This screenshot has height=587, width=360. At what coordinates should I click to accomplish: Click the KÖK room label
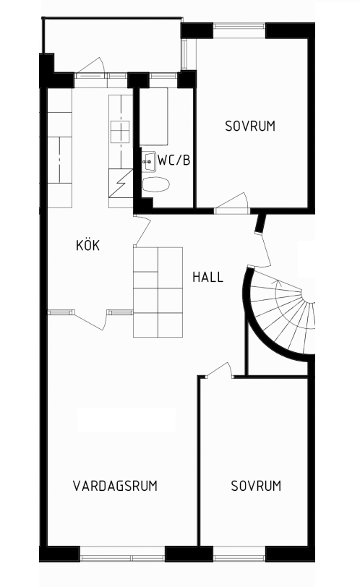pos(88,246)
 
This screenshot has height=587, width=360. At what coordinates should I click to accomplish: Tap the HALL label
pos(207,277)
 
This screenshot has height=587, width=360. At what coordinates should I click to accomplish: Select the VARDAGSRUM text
pos(115,486)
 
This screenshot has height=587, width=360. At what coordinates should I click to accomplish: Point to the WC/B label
pos(174,160)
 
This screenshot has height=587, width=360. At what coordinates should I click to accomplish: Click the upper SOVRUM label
pos(250,127)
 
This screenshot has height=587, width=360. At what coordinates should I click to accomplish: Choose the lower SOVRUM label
pos(256,486)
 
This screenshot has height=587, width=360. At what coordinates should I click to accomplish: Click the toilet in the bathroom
pos(155,184)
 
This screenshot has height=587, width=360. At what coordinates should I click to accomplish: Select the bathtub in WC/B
pos(153,116)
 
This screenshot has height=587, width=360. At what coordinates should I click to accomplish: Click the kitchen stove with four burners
pos(120,132)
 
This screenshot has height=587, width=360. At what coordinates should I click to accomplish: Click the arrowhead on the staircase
pos(278,283)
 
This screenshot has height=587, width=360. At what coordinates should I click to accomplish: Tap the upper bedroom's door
pos(231,204)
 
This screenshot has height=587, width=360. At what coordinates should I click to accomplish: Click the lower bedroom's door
pos(220,370)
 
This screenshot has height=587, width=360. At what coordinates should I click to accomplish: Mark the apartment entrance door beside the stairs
pos(264,249)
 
